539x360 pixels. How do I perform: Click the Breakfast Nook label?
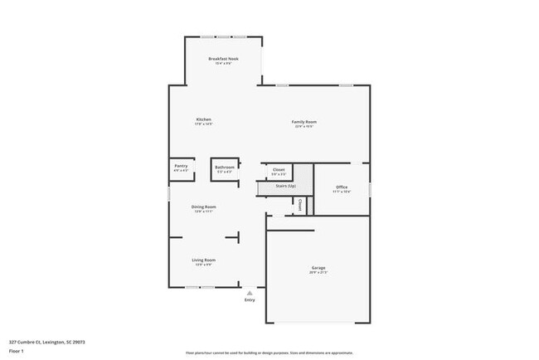click(x=223, y=59)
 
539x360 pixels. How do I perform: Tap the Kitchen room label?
click(x=203, y=119)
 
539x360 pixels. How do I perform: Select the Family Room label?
click(x=303, y=122)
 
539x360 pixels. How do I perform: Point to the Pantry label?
click(x=181, y=166)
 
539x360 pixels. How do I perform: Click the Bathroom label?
click(x=224, y=167)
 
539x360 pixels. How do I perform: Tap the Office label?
click(x=342, y=187)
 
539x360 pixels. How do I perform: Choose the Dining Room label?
click(x=204, y=207)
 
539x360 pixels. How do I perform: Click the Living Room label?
click(x=204, y=260)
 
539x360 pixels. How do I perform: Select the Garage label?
click(x=318, y=268)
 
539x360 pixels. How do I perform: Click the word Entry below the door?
click(x=250, y=299)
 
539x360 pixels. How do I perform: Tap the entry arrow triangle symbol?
click(x=250, y=292)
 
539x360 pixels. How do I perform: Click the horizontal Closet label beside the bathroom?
click(x=279, y=169)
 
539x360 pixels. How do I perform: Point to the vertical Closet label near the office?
click(x=300, y=204)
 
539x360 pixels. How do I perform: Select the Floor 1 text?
click(x=17, y=351)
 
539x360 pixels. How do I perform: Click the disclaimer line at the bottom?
click(x=269, y=353)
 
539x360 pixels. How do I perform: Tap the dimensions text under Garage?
click(x=318, y=273)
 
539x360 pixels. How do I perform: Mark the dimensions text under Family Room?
click(x=303, y=127)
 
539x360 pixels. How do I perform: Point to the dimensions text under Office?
click(x=342, y=192)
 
